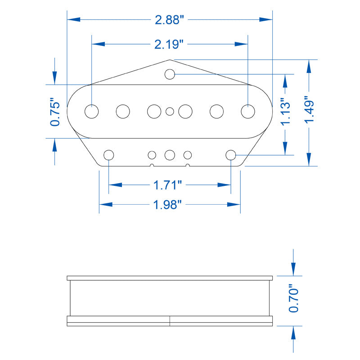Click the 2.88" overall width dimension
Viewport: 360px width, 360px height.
point(169,20)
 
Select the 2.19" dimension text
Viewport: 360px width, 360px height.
point(169,44)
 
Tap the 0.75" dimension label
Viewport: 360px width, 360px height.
point(55,112)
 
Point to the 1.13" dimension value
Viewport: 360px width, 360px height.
point(286,112)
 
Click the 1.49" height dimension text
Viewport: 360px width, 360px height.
point(309,109)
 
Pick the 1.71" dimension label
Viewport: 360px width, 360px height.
point(167,185)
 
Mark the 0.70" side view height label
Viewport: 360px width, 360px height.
point(293,298)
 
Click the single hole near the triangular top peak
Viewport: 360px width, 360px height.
point(170,74)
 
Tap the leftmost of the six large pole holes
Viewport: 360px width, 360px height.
point(92,111)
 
